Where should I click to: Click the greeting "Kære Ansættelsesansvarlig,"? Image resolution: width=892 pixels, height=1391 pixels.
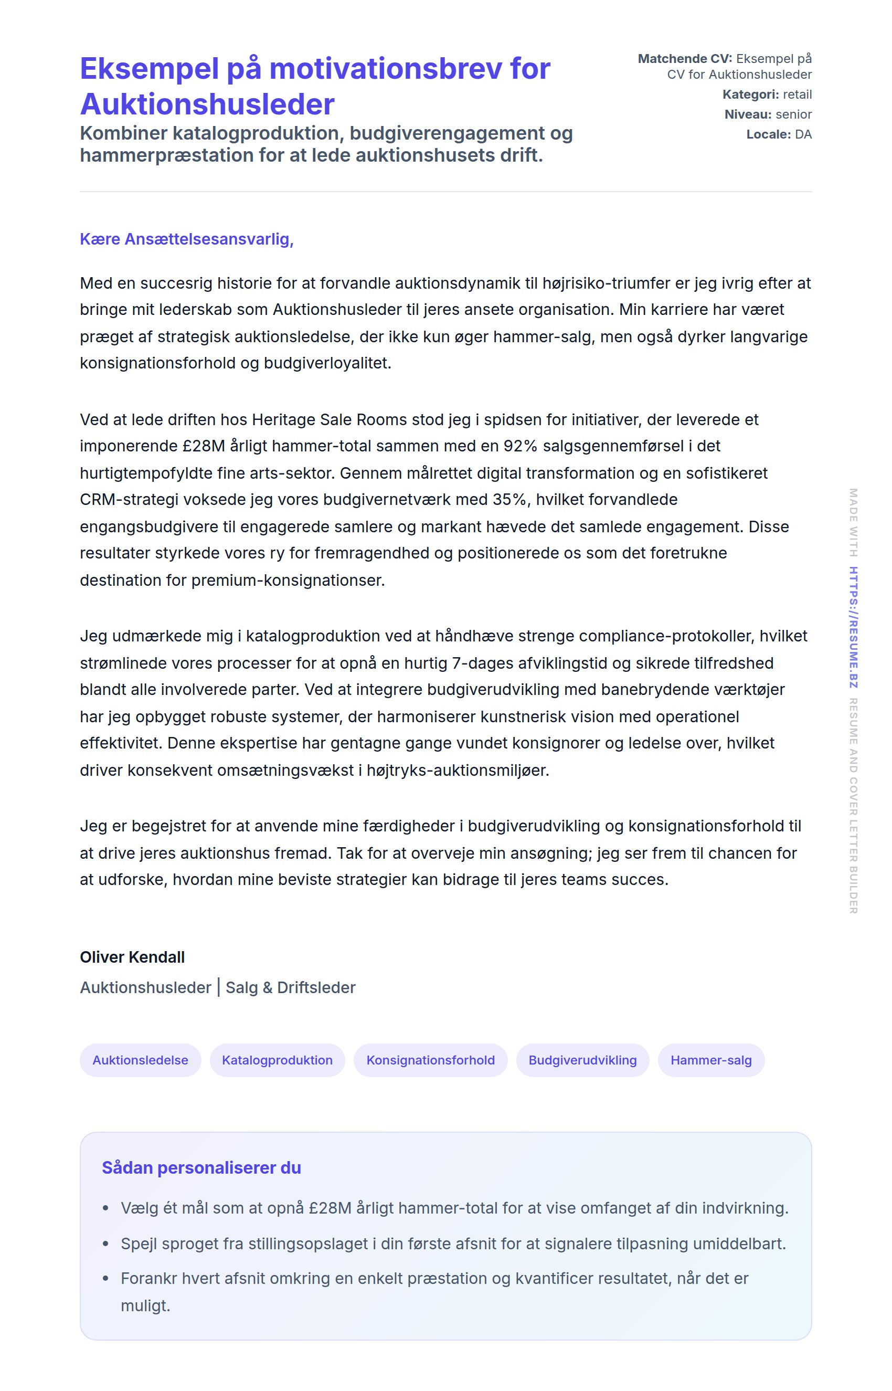click(x=186, y=239)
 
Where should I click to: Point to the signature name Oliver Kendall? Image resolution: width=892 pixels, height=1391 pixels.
click(x=132, y=957)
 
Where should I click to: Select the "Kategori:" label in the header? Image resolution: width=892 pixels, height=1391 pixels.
click(x=751, y=94)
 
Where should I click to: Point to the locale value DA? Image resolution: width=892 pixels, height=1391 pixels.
click(x=803, y=134)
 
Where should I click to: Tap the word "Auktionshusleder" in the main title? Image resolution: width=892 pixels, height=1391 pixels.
click(x=207, y=104)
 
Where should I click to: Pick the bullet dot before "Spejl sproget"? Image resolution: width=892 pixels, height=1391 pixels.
click(x=105, y=1244)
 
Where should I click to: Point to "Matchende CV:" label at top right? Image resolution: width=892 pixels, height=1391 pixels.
click(x=685, y=58)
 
